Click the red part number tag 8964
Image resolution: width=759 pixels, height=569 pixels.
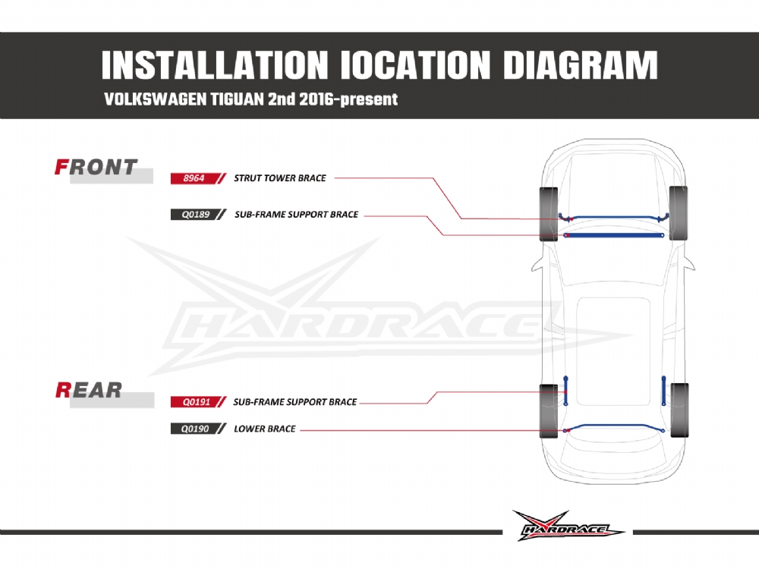(x=194, y=178)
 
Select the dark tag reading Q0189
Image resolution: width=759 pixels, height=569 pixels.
(x=194, y=215)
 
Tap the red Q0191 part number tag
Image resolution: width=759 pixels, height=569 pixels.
(x=194, y=401)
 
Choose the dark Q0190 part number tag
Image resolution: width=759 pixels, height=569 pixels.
(x=194, y=429)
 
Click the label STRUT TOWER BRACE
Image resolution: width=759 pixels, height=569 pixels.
(x=280, y=178)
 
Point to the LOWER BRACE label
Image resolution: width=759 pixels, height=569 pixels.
(x=265, y=429)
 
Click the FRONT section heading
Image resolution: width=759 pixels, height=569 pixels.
(x=96, y=168)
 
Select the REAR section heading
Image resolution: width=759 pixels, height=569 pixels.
(x=89, y=390)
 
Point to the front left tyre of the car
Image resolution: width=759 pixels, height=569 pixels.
(x=549, y=214)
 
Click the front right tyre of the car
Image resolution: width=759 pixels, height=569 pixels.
(x=678, y=213)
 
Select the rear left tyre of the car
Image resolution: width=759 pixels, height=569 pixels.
(x=549, y=411)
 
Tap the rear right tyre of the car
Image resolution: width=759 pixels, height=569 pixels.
(x=679, y=410)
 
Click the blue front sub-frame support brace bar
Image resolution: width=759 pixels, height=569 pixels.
(x=614, y=236)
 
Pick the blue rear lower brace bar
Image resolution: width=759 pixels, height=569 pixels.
(x=614, y=427)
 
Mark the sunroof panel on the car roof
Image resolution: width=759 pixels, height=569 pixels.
(x=614, y=352)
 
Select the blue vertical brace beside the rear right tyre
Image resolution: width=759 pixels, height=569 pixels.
(x=663, y=391)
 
